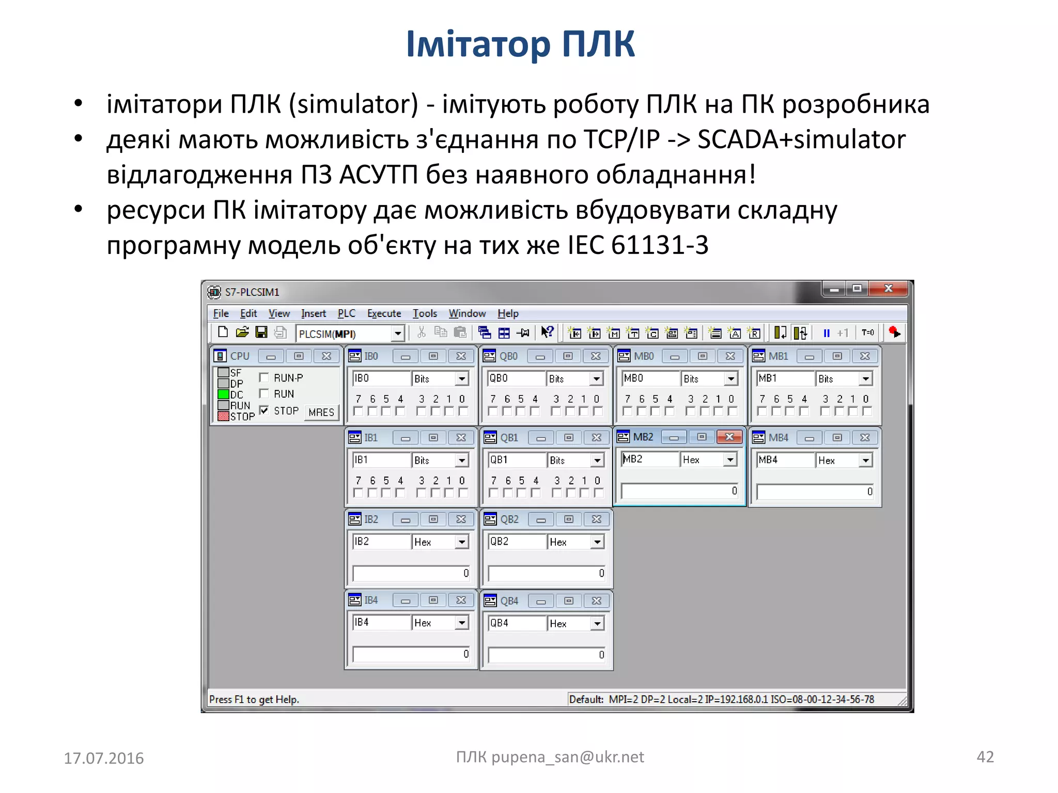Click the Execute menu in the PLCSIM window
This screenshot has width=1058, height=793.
(x=384, y=313)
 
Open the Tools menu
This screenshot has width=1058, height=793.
(x=425, y=313)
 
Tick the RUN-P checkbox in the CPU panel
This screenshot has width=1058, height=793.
(x=264, y=377)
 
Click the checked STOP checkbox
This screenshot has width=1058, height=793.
(x=264, y=410)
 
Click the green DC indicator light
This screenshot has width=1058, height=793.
(x=223, y=394)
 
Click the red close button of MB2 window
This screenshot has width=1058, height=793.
(x=729, y=437)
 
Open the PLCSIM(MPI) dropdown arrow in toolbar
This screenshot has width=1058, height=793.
(x=397, y=334)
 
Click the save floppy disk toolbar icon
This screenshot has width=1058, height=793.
(x=261, y=332)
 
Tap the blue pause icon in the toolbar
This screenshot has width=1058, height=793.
(x=827, y=333)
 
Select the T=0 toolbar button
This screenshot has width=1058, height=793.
(x=868, y=332)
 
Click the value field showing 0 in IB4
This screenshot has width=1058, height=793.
(x=411, y=654)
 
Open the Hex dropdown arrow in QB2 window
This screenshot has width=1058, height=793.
(x=597, y=542)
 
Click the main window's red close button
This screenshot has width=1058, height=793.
(x=889, y=289)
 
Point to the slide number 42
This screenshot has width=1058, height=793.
(x=985, y=757)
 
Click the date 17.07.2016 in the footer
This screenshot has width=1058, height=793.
(x=104, y=758)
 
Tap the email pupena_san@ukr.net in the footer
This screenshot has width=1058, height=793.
(x=568, y=757)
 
